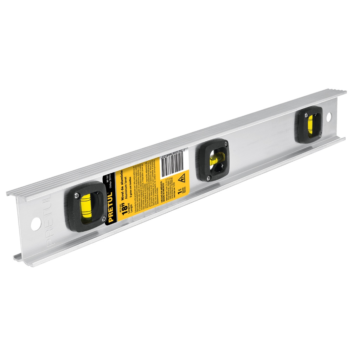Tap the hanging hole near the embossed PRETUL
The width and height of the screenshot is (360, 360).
(x=36, y=224)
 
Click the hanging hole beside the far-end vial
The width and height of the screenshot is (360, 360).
(x=328, y=116)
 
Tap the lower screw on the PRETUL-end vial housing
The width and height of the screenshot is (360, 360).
(x=104, y=219)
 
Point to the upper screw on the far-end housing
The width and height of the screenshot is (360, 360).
(x=307, y=114)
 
